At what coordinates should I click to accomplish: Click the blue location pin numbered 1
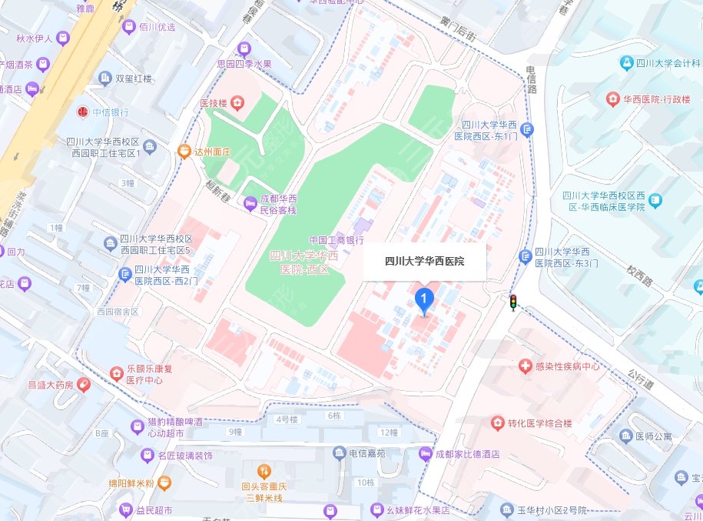click(x=423, y=300)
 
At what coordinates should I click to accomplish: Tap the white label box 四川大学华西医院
click(x=424, y=262)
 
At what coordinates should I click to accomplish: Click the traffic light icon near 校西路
click(x=513, y=302)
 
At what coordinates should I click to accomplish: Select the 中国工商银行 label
click(x=336, y=240)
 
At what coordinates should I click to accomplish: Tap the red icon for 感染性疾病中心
click(x=526, y=366)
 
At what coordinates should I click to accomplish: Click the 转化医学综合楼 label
click(x=539, y=423)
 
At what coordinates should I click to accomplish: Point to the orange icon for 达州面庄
click(x=184, y=152)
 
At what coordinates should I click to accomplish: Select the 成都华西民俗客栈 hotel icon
click(x=250, y=203)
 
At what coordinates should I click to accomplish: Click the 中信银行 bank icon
click(x=82, y=112)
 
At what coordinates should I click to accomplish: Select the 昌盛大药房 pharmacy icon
click(x=83, y=383)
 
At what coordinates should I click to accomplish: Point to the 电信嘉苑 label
click(x=372, y=454)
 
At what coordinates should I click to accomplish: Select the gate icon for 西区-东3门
click(x=526, y=256)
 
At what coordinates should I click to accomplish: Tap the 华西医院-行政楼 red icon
click(x=612, y=99)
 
